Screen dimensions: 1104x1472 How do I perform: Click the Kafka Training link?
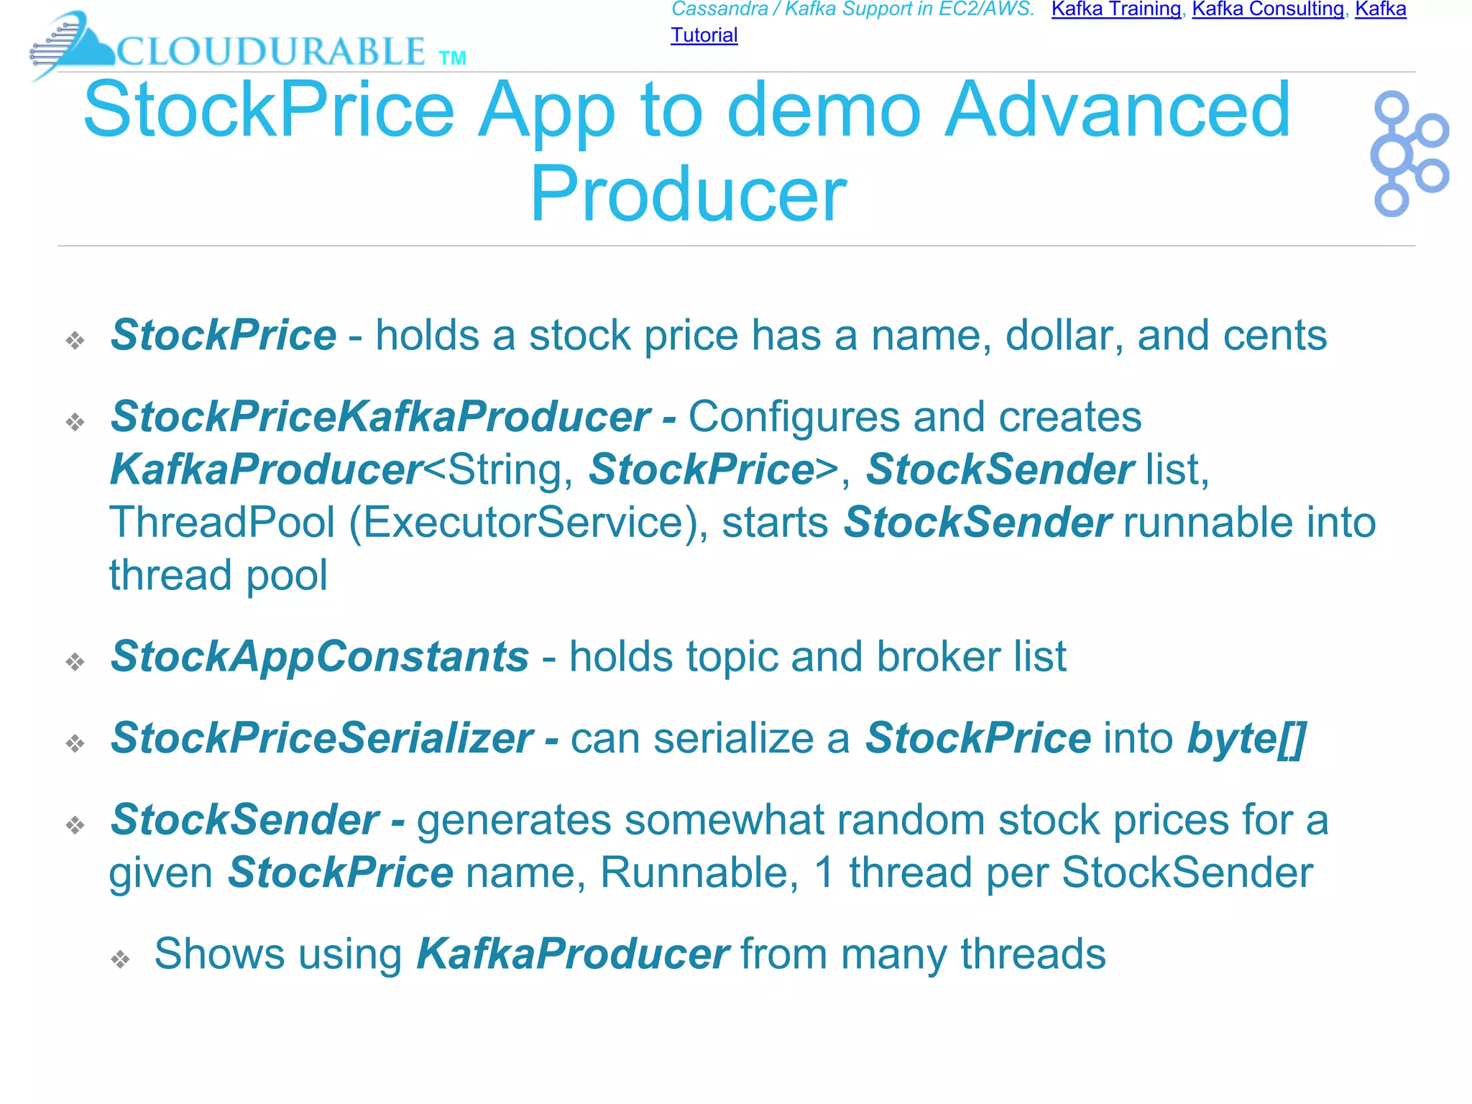click(x=1115, y=9)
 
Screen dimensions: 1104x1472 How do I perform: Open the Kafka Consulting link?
click(x=1267, y=9)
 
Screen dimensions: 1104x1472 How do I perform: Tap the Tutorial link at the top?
click(x=704, y=35)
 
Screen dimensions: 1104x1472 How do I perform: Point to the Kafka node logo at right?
click(x=1409, y=153)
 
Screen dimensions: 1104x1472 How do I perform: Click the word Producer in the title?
click(x=688, y=194)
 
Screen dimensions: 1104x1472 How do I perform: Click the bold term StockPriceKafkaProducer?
click(x=380, y=417)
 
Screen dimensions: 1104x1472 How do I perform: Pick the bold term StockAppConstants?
click(x=320, y=656)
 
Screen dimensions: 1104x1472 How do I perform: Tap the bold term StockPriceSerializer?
click(x=322, y=738)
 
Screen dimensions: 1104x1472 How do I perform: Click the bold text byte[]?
click(x=1246, y=738)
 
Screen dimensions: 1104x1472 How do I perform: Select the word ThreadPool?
click(x=222, y=522)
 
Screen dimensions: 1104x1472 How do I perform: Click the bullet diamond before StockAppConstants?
click(x=75, y=661)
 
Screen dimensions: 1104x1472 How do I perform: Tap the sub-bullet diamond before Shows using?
click(x=120, y=959)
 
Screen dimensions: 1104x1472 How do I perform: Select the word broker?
click(x=939, y=656)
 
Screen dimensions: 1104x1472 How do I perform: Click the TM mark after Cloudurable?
click(x=452, y=58)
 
